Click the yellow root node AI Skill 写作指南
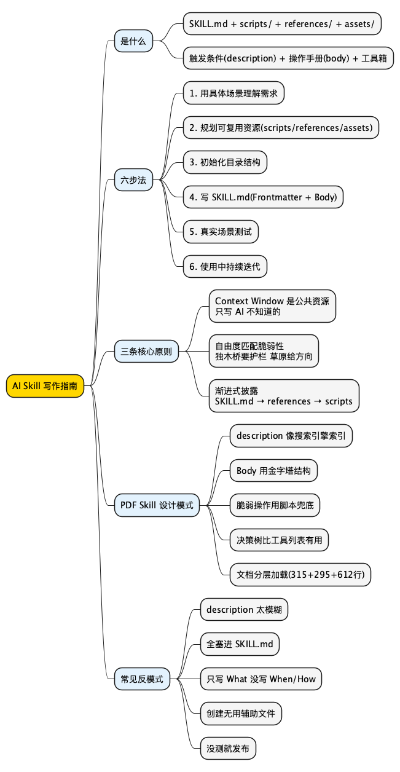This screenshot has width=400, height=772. tap(45, 385)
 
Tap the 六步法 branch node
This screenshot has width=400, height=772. tap(133, 180)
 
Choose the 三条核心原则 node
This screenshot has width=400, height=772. tap(146, 353)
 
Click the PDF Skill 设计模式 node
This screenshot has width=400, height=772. tap(157, 505)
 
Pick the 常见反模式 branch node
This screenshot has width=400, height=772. tap(142, 679)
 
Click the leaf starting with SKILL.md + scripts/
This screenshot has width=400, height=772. tap(282, 23)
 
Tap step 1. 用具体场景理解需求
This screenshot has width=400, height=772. tap(233, 93)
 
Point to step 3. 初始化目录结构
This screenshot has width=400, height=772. tap(225, 163)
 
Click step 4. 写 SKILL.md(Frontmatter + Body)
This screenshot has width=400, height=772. tap(263, 197)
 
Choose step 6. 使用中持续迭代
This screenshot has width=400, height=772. tap(225, 266)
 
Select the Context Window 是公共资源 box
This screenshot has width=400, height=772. tap(273, 306)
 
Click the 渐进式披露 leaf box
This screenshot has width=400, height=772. tap(283, 396)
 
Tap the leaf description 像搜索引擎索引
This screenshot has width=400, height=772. tap(291, 436)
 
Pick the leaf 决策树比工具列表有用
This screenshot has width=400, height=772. tap(279, 540)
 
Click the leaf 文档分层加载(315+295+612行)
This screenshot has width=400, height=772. tap(300, 575)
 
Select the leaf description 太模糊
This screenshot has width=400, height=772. tap(244, 610)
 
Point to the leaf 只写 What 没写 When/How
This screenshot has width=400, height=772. tap(261, 679)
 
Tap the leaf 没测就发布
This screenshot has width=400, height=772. tap(228, 749)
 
